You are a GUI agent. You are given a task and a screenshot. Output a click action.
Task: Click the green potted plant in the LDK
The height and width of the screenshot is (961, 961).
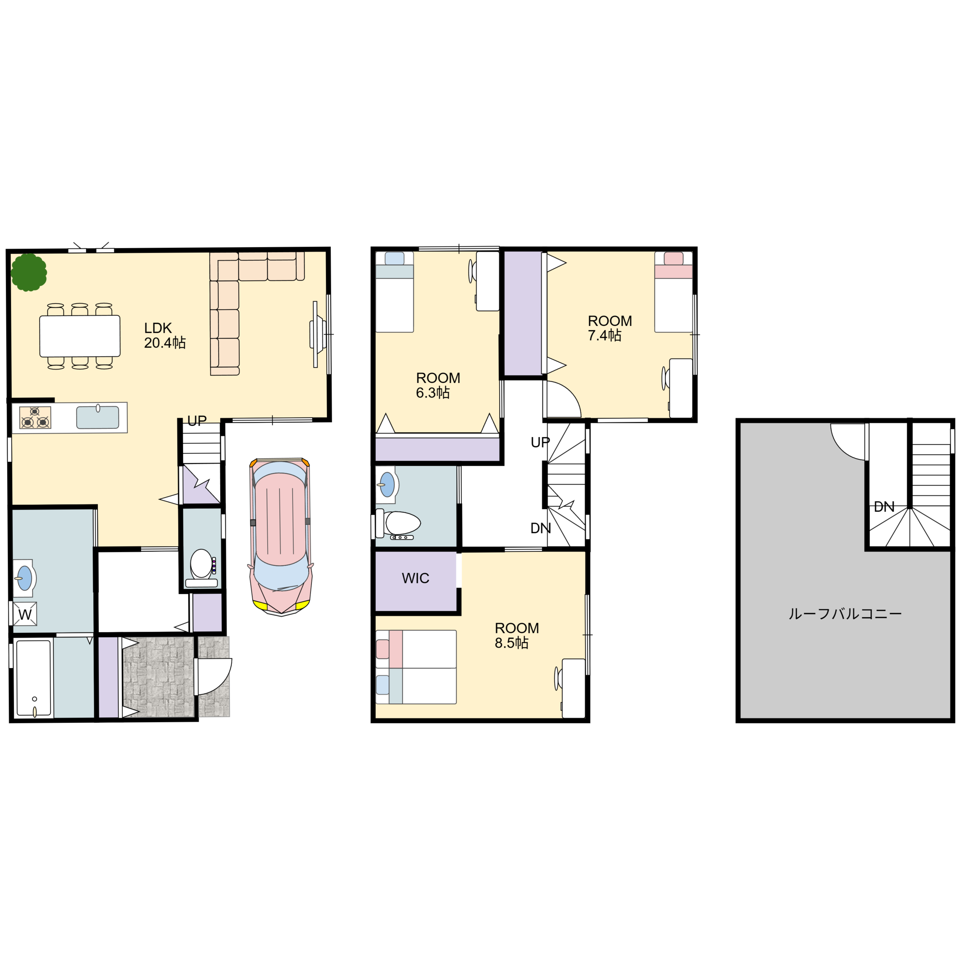29,272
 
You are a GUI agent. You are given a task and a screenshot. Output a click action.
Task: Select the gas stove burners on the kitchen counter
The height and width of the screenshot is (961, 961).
35,417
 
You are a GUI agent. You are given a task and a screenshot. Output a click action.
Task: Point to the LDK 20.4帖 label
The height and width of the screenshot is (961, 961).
165,335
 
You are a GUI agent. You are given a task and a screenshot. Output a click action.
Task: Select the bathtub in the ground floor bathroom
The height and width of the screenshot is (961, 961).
34,678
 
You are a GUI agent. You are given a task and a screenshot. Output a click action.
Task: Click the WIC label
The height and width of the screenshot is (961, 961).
415,578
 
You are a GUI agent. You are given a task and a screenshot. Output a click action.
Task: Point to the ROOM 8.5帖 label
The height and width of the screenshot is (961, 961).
516,635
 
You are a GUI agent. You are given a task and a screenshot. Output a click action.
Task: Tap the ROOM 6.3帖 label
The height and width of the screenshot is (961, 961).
438,385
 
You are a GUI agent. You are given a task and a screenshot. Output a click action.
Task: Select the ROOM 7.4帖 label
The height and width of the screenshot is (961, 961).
609,328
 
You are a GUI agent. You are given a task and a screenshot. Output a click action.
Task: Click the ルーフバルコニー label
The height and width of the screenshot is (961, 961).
845,614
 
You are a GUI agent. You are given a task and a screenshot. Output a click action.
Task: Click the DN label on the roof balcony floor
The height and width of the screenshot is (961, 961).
884,507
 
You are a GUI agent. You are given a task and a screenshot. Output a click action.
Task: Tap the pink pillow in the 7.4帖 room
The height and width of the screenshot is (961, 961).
673,259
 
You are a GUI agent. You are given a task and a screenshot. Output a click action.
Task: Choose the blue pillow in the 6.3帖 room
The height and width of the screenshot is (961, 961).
394,259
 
